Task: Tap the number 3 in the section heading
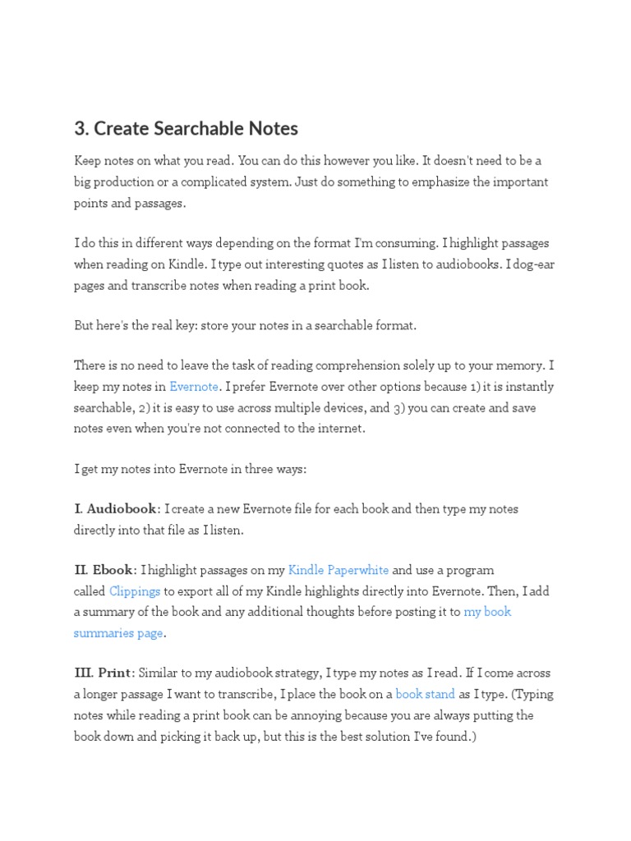tap(80, 128)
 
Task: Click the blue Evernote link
tap(194, 387)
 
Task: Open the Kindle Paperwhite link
tap(339, 570)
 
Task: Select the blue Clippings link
tap(135, 591)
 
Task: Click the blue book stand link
tap(426, 694)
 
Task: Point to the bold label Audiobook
tap(121, 509)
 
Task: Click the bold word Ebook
tap(113, 570)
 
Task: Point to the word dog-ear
tap(532, 264)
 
